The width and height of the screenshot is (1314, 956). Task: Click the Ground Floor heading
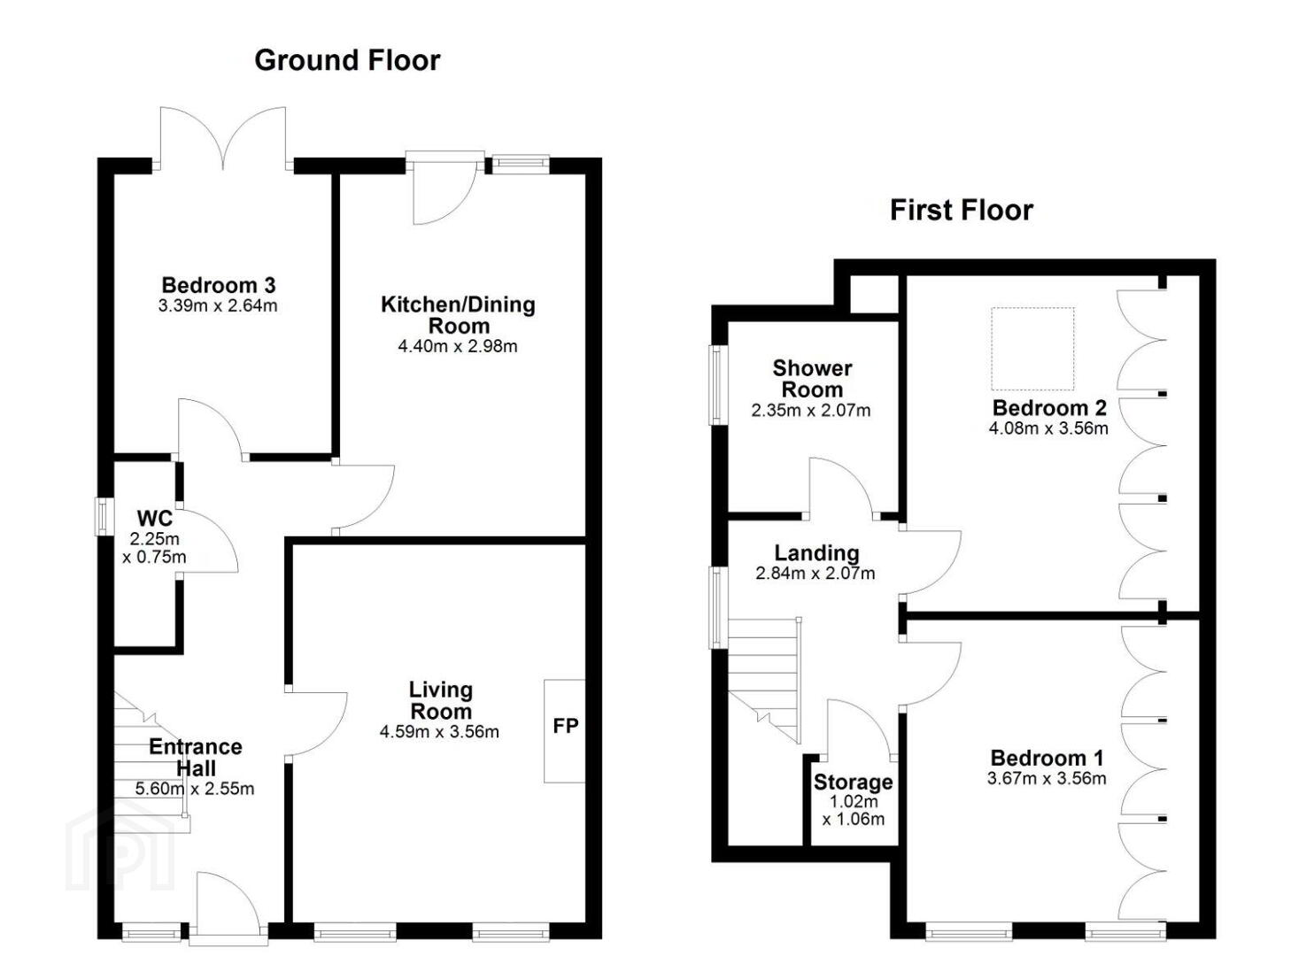(x=347, y=61)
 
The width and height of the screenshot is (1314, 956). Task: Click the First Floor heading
(x=962, y=211)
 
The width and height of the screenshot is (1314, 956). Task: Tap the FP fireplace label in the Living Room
(x=566, y=726)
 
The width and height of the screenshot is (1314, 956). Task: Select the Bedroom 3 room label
(x=218, y=286)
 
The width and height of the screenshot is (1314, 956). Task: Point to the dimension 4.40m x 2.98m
(x=458, y=347)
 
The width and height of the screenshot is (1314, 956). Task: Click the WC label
(x=154, y=519)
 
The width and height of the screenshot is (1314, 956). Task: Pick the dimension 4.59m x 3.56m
(x=439, y=732)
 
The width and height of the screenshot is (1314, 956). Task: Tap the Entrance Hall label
(x=196, y=757)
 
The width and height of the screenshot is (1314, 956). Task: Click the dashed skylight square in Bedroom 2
(x=1032, y=349)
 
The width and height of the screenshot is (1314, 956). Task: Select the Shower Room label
(x=813, y=379)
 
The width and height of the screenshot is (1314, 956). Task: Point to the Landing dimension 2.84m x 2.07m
(x=815, y=573)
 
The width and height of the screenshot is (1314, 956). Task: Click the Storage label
(x=854, y=782)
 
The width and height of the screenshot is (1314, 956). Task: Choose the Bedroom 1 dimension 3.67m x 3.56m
(x=1047, y=778)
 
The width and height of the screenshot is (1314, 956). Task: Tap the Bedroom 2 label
(x=1049, y=407)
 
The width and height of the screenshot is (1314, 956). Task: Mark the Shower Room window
(x=717, y=385)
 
